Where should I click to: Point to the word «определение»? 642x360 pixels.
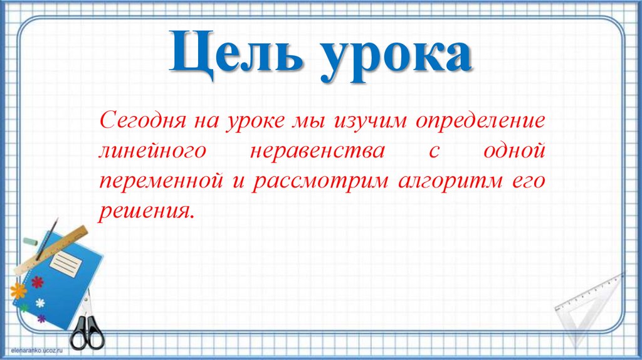[481, 120]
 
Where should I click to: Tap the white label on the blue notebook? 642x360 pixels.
[65, 263]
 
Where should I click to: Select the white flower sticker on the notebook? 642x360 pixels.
[40, 304]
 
